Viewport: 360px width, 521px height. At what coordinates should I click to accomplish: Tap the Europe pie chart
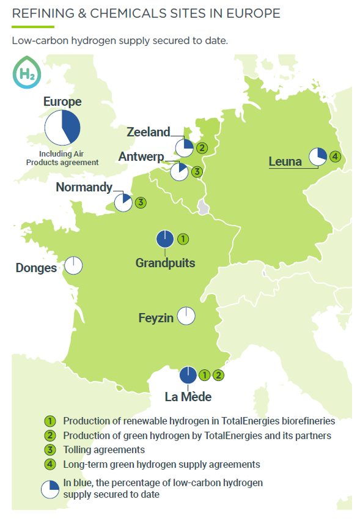click(62, 127)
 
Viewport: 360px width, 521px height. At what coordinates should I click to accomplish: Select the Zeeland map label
click(148, 131)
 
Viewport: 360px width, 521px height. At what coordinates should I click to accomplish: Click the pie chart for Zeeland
click(184, 147)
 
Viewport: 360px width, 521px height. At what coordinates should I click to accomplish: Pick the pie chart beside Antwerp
click(180, 172)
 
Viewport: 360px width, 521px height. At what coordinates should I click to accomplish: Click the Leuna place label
click(285, 161)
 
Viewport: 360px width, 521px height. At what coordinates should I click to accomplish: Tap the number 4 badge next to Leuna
click(334, 157)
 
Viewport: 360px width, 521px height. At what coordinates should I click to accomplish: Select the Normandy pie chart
click(123, 202)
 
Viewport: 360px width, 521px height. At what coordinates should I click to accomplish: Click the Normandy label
click(84, 187)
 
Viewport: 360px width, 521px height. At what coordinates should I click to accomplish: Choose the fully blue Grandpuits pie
click(165, 239)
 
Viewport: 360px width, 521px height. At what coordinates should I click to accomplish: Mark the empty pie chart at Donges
click(73, 265)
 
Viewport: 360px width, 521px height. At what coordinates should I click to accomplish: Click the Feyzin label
click(156, 317)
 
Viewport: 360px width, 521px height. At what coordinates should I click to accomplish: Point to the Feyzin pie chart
click(186, 316)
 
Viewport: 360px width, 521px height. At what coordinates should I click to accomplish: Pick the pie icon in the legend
click(50, 488)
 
